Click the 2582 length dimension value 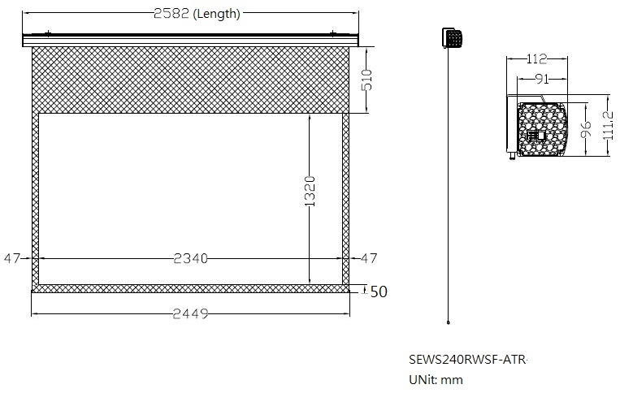coord(171,13)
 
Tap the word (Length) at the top coord(217,14)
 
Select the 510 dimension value coord(366,80)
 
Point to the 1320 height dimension coord(310,192)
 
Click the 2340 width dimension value coord(190,258)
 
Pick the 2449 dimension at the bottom coord(190,313)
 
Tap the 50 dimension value coord(379,292)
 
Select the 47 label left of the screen coord(11,258)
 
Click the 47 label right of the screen coord(369,258)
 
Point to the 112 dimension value coord(536,59)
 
